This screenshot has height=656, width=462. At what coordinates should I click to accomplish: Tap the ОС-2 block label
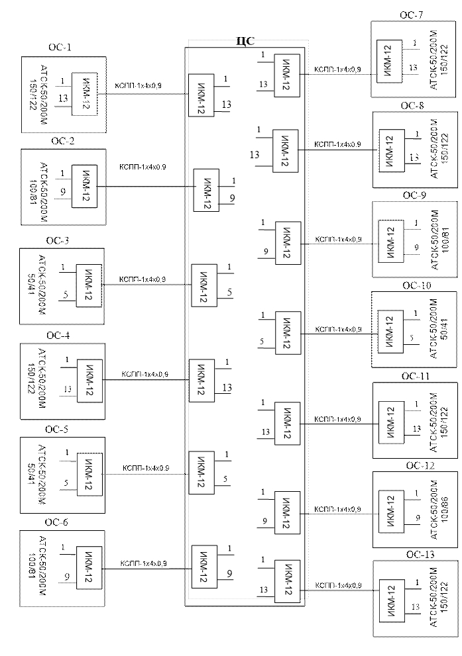[x=62, y=142]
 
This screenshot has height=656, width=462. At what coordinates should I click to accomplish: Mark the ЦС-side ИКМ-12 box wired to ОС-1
[x=201, y=95]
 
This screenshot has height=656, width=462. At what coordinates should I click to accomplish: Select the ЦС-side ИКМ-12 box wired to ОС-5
[x=201, y=472]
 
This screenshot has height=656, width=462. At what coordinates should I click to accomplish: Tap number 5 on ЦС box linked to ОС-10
[x=262, y=342]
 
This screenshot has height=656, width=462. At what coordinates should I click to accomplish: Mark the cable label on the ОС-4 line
[x=143, y=375]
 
